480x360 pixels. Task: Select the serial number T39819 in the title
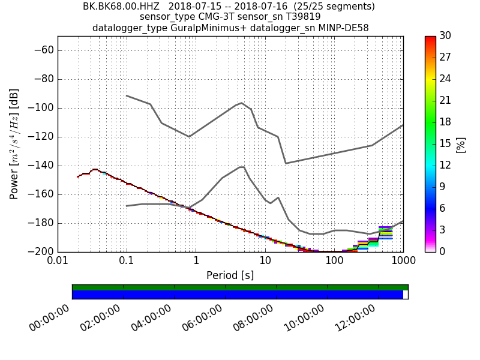pyautogui.click(x=302, y=17)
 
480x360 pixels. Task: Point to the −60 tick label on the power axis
pyautogui.click(x=43, y=50)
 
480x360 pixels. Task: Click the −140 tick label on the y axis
pyautogui.click(x=41, y=166)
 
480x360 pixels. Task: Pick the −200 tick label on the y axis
pyautogui.click(x=41, y=251)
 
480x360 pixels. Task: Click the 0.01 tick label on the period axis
pyautogui.click(x=58, y=262)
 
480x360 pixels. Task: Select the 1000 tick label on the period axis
pyautogui.click(x=403, y=262)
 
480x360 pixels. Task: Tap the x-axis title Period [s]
pyautogui.click(x=230, y=275)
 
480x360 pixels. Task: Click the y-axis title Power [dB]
pyautogui.click(x=14, y=144)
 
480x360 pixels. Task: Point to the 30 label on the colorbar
pyautogui.click(x=445, y=36)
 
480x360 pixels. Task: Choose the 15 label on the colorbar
pyautogui.click(x=445, y=143)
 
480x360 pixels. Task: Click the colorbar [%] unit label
pyautogui.click(x=461, y=144)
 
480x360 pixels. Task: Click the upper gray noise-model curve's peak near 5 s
pyautogui.click(x=241, y=103)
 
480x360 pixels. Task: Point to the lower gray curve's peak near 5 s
pyautogui.click(x=242, y=166)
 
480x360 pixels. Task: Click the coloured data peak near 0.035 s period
pyautogui.click(x=95, y=170)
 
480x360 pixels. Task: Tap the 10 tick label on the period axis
pyautogui.click(x=265, y=262)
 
